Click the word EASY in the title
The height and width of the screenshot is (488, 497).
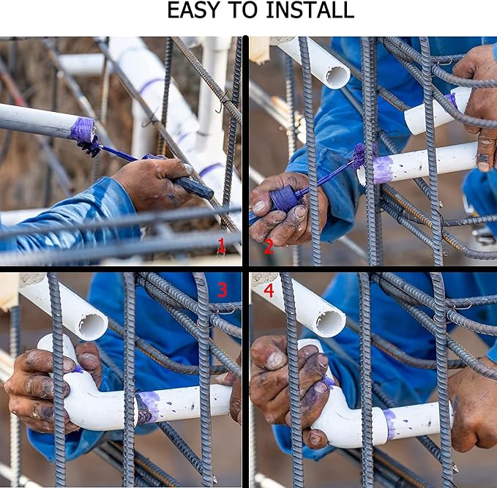click(x=193, y=10)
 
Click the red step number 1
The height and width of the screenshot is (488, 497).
click(x=221, y=247)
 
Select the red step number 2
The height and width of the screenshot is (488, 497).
click(x=269, y=247)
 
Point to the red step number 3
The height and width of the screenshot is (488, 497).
click(x=223, y=290)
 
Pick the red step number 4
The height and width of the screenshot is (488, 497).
click(x=269, y=290)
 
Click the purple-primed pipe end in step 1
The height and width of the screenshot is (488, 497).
click(x=83, y=129)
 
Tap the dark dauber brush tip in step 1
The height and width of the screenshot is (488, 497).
click(x=89, y=147)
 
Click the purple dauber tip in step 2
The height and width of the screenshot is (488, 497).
click(x=359, y=156)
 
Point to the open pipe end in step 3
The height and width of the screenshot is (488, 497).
click(x=93, y=326)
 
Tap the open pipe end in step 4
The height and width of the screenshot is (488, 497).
click(x=331, y=324)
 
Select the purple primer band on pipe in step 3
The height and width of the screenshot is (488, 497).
click(x=149, y=408)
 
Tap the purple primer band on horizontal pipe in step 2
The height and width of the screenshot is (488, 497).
click(x=383, y=170)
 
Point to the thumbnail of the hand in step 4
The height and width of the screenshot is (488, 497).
click(x=275, y=360)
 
